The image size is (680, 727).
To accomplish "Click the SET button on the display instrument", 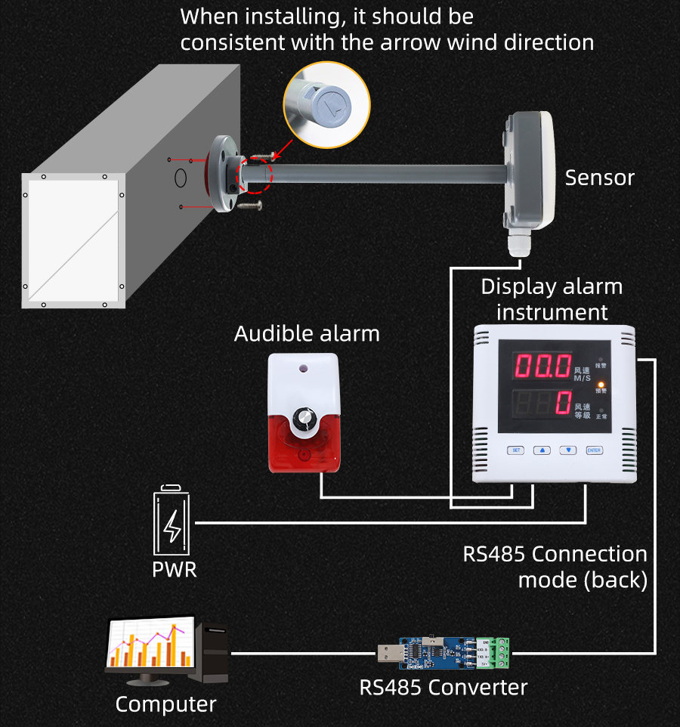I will (516, 450).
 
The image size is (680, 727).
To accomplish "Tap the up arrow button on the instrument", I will (542, 450).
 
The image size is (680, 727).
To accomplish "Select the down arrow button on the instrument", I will (568, 450).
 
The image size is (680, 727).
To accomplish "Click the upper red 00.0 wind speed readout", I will (543, 368).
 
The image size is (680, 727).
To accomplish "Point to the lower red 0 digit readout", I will (562, 403).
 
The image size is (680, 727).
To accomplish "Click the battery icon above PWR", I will (173, 521).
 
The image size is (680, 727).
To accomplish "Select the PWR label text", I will (175, 569).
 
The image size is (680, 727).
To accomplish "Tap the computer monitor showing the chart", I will (149, 644).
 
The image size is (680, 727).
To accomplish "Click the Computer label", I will (165, 704).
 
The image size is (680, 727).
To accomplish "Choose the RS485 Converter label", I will (443, 688).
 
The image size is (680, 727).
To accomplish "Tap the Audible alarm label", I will (307, 333).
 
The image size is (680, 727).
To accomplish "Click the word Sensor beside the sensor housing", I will (600, 178).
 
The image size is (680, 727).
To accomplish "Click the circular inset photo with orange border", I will (326, 105).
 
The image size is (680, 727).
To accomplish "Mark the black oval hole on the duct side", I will (181, 178).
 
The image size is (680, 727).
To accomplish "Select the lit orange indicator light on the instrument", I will (601, 383).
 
